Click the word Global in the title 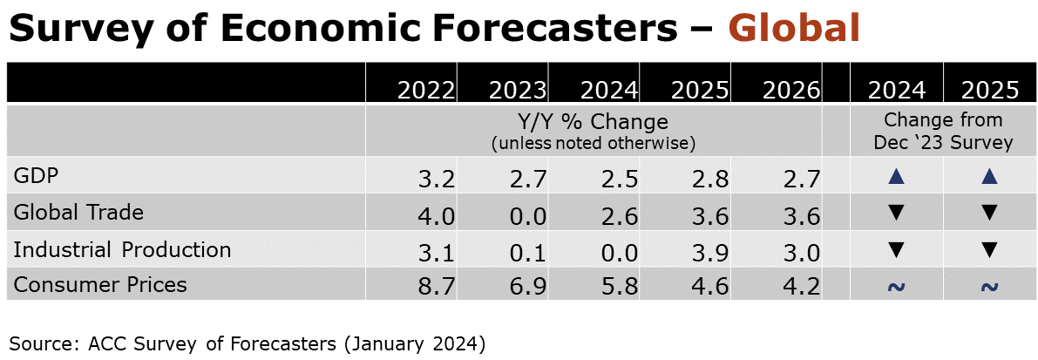click(x=793, y=28)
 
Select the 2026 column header click(x=790, y=90)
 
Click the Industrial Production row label click(x=122, y=250)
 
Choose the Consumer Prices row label click(x=100, y=284)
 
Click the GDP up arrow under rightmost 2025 click(x=987, y=177)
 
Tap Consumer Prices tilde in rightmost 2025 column click(x=987, y=287)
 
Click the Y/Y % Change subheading click(x=593, y=121)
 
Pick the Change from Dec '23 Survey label click(x=943, y=131)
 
